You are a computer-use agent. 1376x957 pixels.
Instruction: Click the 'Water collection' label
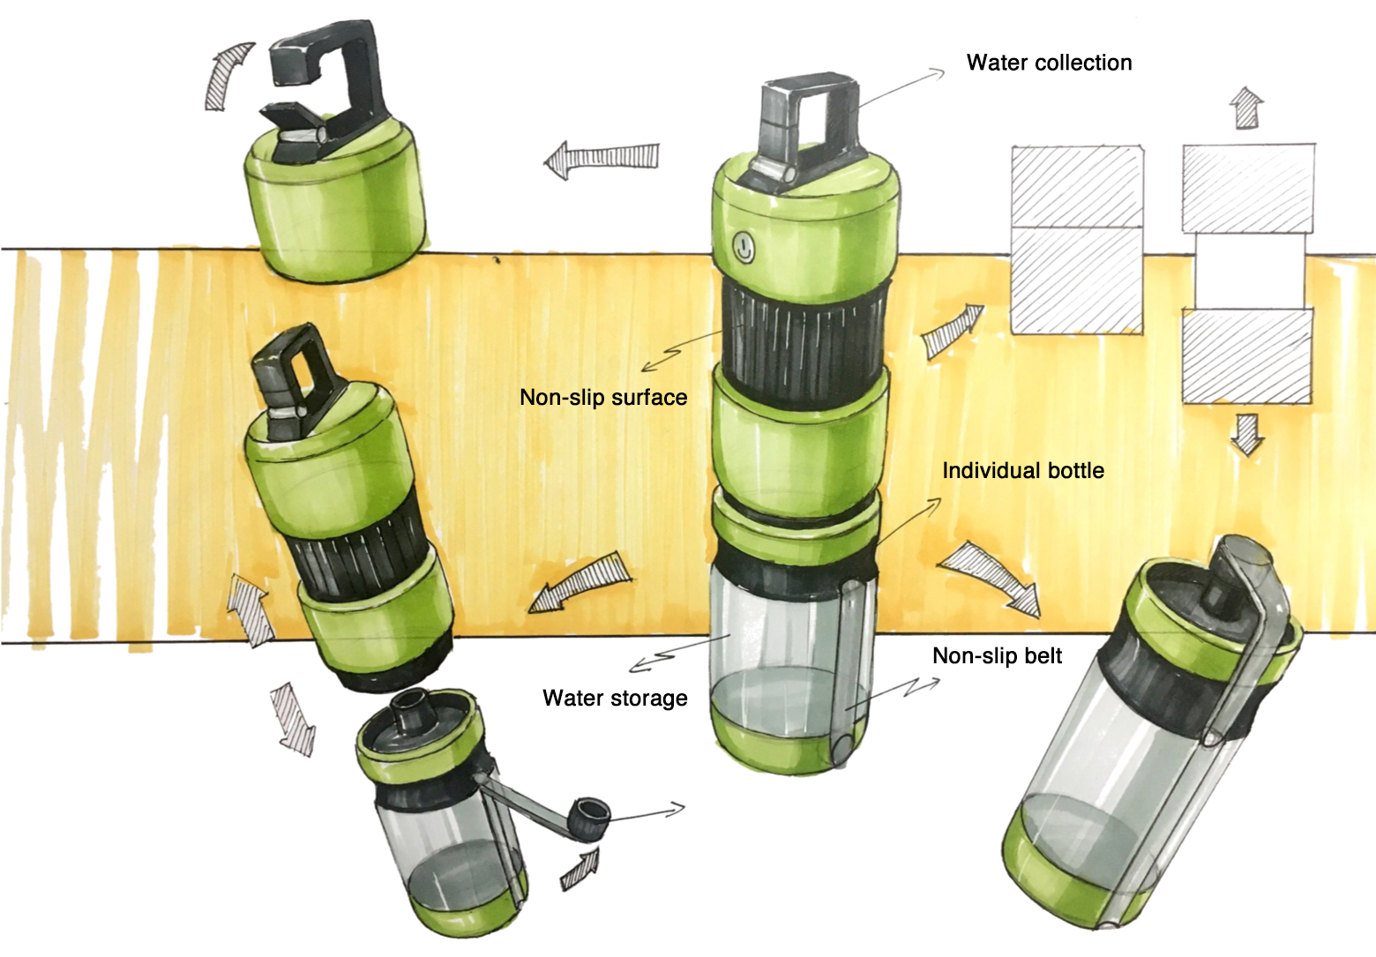pos(1050,63)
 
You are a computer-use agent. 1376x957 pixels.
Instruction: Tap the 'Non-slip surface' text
pos(604,398)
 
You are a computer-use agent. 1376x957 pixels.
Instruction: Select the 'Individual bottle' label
pos(1023,471)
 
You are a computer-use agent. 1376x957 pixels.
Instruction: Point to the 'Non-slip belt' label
pos(998,656)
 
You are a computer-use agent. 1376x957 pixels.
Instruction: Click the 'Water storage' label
pos(615,699)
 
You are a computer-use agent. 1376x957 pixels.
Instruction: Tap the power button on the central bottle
pos(744,248)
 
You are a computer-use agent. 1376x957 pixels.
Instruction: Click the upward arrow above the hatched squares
pos(1246,108)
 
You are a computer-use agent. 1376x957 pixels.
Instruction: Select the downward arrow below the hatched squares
pos(1247,435)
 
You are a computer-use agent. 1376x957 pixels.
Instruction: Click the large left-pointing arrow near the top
pos(602,159)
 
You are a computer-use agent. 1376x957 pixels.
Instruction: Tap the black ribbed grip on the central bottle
pos(804,344)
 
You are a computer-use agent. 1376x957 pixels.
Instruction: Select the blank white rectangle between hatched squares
pos(1250,271)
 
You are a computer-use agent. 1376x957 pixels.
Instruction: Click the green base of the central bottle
pos(792,740)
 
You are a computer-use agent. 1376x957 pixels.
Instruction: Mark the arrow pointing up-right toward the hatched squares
pos(953,331)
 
